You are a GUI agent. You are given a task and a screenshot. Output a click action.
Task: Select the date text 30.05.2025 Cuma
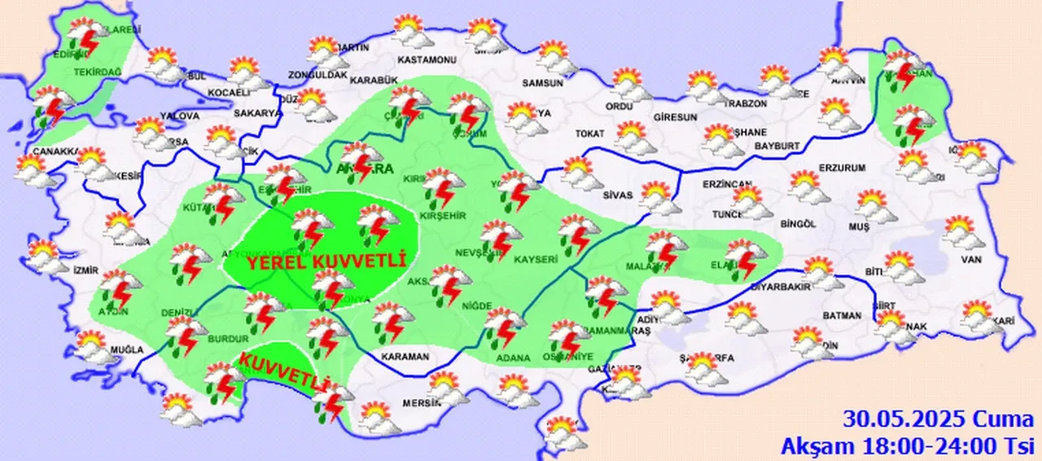938,420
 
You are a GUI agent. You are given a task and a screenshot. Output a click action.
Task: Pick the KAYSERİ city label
535,260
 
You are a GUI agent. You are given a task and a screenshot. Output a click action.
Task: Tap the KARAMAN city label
405,357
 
